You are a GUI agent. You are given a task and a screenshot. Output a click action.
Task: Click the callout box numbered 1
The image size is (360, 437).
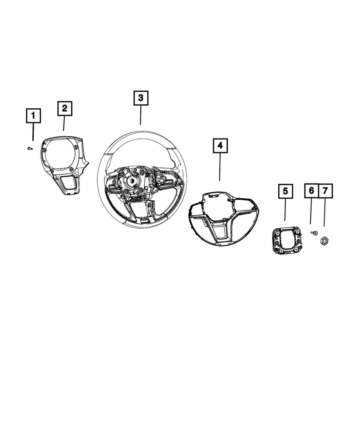(x=34, y=116)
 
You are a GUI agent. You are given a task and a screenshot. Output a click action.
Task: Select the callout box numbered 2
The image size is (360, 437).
(x=65, y=108)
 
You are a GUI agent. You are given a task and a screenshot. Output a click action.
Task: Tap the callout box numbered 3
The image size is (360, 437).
(x=141, y=98)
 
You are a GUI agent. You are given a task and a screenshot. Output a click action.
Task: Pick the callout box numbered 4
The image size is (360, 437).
(x=220, y=146)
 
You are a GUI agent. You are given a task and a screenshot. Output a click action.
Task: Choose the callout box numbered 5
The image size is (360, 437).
(x=286, y=191)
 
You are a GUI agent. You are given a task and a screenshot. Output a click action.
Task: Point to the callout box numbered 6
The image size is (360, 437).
(x=312, y=191)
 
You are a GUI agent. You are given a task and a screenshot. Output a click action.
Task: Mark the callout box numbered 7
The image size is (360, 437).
(x=325, y=191)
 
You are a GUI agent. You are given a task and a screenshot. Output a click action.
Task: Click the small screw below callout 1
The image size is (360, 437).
(x=30, y=148)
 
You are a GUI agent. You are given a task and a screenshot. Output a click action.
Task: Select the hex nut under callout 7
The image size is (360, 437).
(x=325, y=240)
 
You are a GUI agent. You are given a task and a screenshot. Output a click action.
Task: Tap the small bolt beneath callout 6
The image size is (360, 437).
(x=314, y=232)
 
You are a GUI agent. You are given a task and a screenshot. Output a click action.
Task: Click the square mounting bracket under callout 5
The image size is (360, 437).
(x=287, y=240)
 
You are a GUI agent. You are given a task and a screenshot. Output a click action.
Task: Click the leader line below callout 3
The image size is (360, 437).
(x=140, y=115)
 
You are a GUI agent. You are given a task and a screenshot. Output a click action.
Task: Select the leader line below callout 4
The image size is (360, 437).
(x=220, y=167)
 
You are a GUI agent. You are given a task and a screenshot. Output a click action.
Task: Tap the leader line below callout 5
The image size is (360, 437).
(x=285, y=210)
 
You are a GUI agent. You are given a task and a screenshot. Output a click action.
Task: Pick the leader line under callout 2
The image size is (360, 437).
(x=64, y=123)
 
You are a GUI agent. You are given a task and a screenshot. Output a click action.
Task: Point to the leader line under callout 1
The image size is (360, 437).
(x=33, y=132)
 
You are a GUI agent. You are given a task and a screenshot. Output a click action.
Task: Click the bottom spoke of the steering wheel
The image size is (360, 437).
(x=141, y=211)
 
